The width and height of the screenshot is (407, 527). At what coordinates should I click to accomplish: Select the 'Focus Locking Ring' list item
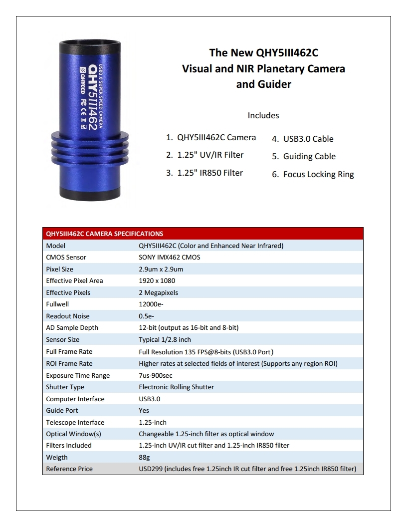click(313, 174)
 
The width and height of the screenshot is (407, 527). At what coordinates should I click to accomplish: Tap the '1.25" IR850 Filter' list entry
click(204, 173)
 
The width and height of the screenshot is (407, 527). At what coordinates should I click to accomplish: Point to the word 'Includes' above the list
click(263, 115)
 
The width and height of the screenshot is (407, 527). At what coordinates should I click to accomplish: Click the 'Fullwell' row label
click(57, 304)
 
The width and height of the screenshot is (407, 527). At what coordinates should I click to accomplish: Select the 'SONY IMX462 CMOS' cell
click(170, 258)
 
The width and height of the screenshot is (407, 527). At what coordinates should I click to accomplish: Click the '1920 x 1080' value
click(157, 280)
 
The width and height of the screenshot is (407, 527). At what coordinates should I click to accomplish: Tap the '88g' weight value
click(144, 457)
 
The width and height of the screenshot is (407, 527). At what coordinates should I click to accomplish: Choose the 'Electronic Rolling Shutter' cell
click(176, 387)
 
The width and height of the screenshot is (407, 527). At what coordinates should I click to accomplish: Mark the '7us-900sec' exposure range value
click(156, 375)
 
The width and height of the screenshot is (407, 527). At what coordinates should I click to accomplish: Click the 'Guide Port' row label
click(62, 410)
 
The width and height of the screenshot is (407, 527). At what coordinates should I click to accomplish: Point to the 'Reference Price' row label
click(69, 469)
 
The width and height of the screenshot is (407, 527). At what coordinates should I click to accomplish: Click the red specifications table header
click(203, 234)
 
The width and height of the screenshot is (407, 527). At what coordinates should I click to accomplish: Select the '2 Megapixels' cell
click(158, 292)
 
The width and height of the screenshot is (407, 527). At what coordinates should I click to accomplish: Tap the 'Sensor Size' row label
click(62, 339)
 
